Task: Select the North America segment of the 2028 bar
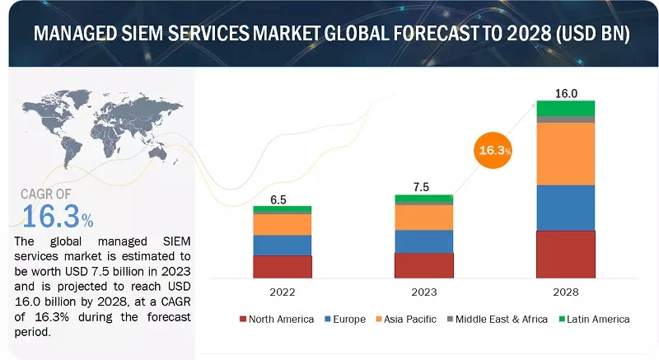point(565,255)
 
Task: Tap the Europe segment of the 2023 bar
point(423,241)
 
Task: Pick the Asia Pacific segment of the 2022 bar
point(282,224)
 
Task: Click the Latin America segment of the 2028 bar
point(565,108)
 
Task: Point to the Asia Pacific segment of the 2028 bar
point(565,153)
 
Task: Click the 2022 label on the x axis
point(282,292)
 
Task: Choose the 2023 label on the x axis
point(423,292)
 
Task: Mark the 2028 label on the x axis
point(565,292)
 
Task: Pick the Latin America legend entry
point(591,319)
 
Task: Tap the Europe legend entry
point(346,319)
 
